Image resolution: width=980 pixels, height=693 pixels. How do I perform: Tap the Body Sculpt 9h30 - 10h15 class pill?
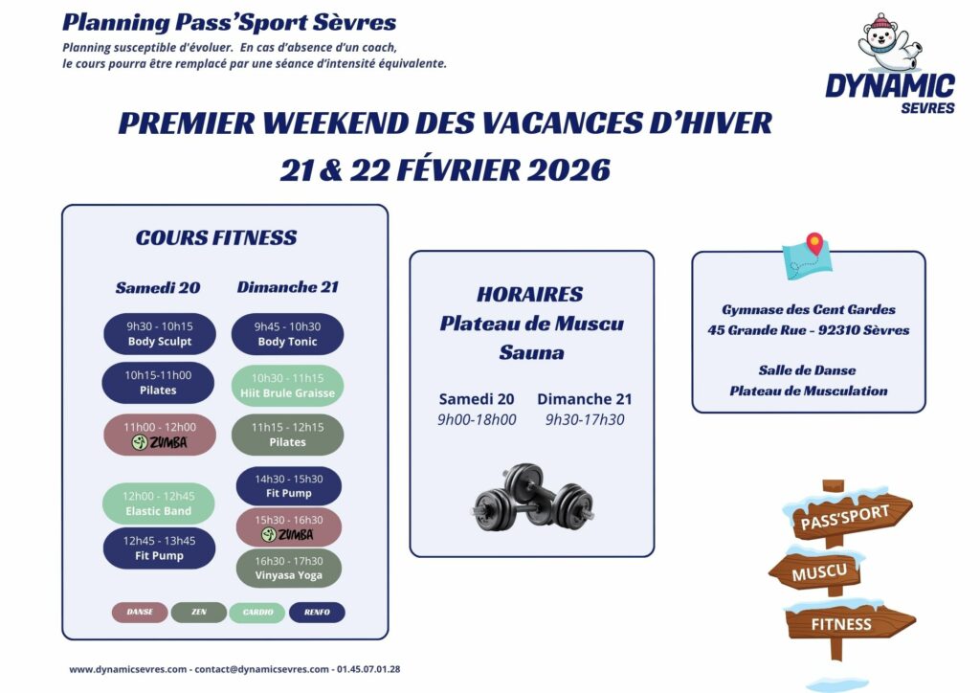160,334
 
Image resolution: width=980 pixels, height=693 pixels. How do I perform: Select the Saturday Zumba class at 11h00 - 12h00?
160,436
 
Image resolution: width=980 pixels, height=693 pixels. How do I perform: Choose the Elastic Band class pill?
159,503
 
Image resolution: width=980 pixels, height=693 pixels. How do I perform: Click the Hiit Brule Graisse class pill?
288,385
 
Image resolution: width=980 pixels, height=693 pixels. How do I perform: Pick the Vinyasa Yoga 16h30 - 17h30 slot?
288,568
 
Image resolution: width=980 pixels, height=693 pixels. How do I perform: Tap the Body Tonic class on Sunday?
288,334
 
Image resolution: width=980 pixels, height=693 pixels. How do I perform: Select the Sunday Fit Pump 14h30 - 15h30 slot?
288,486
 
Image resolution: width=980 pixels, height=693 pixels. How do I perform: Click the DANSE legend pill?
140,613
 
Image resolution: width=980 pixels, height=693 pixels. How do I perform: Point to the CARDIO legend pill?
257,613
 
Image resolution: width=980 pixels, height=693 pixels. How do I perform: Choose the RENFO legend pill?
317,613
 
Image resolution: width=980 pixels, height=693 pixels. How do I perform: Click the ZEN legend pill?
199,613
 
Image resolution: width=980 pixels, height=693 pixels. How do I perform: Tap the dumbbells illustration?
532,497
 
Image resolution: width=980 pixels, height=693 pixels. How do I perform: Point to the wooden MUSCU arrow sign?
818,572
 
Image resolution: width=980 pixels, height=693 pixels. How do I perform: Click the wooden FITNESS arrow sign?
844,623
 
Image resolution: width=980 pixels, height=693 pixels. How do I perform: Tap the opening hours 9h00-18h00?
477,419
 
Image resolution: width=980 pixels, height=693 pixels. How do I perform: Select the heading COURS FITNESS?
216,238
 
